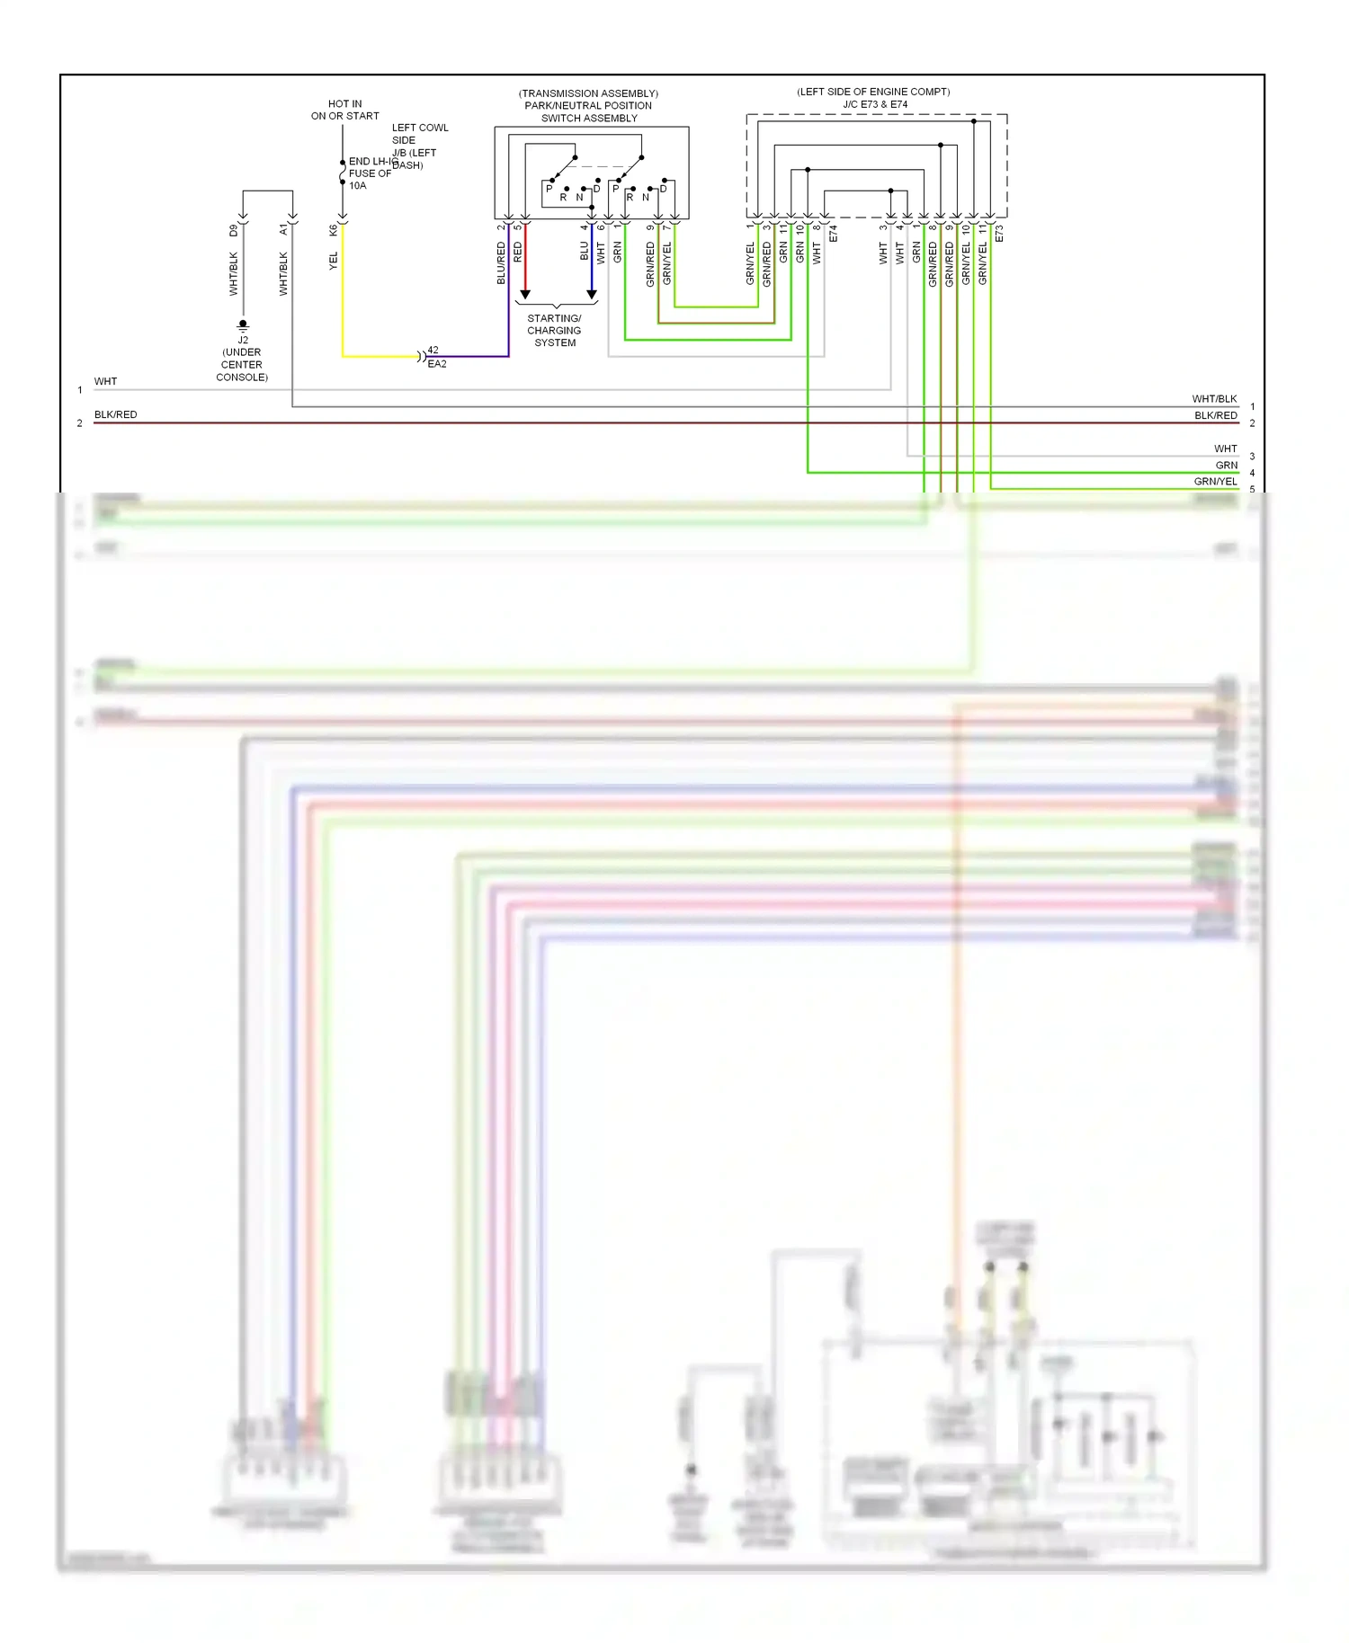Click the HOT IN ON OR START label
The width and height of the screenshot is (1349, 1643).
tap(344, 110)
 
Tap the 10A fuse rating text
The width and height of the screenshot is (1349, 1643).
tap(357, 186)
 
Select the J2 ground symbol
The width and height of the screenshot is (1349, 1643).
tap(243, 326)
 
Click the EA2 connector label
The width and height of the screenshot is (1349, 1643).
tap(437, 364)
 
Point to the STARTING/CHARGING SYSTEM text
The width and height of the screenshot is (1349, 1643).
tap(555, 331)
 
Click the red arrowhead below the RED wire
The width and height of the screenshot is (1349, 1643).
tap(525, 295)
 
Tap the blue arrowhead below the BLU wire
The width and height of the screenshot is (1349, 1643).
tap(592, 295)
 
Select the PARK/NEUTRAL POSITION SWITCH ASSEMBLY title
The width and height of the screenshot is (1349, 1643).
tap(588, 106)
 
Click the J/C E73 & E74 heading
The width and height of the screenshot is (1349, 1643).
tap(874, 104)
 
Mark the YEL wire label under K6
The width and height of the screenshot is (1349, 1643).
tap(334, 261)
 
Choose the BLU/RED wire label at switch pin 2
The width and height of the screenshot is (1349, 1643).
tap(502, 263)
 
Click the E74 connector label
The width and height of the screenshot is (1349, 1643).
tap(834, 234)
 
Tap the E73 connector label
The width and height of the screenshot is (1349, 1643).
tap(999, 234)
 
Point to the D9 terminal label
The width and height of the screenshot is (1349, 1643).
tap(234, 231)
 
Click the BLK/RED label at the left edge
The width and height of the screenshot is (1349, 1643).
tap(116, 414)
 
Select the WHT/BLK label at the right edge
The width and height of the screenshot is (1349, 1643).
tap(1214, 398)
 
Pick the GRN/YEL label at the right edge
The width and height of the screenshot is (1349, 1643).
tap(1215, 482)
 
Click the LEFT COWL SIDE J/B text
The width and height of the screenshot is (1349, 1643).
tap(419, 140)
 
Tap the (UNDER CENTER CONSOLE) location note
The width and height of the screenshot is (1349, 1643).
tap(242, 365)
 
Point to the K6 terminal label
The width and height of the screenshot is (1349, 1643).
tap(334, 231)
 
